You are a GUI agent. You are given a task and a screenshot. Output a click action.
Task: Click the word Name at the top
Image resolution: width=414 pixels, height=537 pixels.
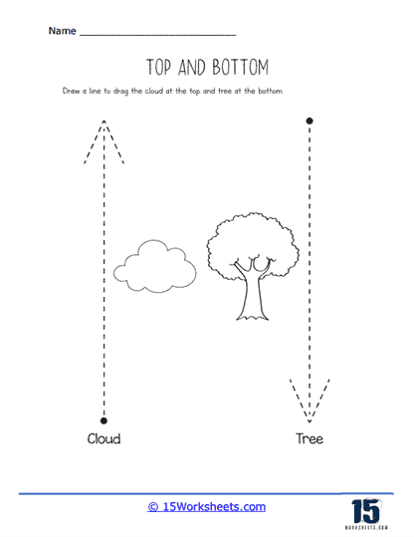pos(61,32)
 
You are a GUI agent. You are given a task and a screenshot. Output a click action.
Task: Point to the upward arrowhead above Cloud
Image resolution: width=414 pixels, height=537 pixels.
pos(103,134)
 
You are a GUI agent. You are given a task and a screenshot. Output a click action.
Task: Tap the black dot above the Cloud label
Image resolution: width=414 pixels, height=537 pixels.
pos(103,419)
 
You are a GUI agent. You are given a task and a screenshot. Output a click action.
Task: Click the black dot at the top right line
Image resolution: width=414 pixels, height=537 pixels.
pos(310,121)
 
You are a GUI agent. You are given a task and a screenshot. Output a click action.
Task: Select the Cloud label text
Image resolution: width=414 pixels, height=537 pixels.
pos(103,438)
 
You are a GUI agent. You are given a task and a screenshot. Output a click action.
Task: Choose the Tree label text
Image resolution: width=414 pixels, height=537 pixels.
pos(310,438)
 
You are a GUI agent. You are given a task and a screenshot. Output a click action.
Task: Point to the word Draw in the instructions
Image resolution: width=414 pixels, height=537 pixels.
pos(72,91)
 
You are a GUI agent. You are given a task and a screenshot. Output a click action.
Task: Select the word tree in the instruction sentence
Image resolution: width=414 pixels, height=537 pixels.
pos(224,91)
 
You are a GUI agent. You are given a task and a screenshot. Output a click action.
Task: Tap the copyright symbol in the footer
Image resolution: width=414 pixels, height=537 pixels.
pos(153,507)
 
